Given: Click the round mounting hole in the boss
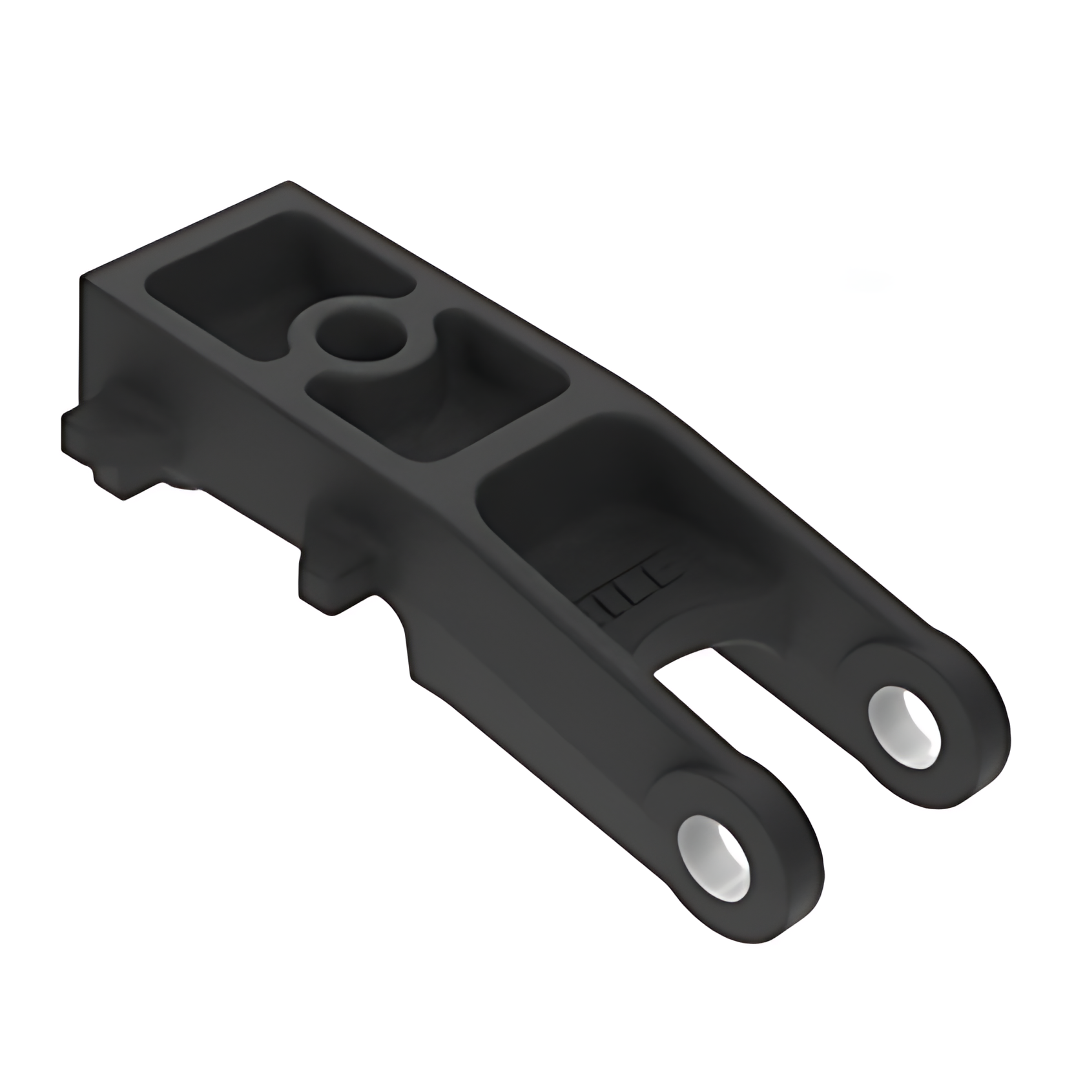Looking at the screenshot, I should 360,334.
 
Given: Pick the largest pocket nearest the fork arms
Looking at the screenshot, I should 620,510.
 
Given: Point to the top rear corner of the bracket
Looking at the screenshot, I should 287,184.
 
